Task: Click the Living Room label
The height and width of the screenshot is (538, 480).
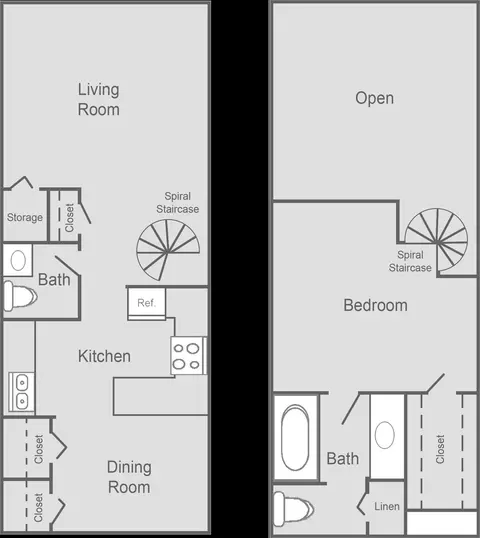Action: click(x=99, y=100)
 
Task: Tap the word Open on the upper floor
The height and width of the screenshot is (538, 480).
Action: click(x=374, y=98)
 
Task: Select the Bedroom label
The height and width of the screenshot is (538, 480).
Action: click(x=375, y=305)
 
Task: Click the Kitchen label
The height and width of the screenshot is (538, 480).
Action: click(x=104, y=356)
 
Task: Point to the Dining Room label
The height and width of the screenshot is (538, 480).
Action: click(x=129, y=477)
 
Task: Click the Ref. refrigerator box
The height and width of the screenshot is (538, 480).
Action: click(x=147, y=304)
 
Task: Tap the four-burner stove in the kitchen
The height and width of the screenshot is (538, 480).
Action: click(x=188, y=355)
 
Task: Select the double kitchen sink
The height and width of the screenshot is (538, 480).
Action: click(x=21, y=392)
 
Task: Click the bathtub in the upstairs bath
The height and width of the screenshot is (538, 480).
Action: click(x=295, y=437)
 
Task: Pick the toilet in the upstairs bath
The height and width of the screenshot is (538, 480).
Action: click(x=293, y=509)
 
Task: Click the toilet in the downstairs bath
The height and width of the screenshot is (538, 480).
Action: click(x=20, y=296)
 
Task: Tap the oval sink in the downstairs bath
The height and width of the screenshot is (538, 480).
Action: click(x=18, y=260)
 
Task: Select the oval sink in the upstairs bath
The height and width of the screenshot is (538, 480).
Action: click(x=385, y=435)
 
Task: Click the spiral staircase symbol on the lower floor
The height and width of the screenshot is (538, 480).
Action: click(x=168, y=250)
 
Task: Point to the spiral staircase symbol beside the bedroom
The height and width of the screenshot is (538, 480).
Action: click(x=436, y=240)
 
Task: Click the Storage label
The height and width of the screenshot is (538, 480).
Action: click(x=25, y=217)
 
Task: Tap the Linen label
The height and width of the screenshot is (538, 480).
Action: click(x=387, y=506)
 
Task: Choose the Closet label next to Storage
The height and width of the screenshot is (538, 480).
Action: click(x=69, y=218)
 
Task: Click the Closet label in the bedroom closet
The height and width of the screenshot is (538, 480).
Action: click(x=440, y=449)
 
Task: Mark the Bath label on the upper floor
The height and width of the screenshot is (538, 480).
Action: click(x=343, y=458)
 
